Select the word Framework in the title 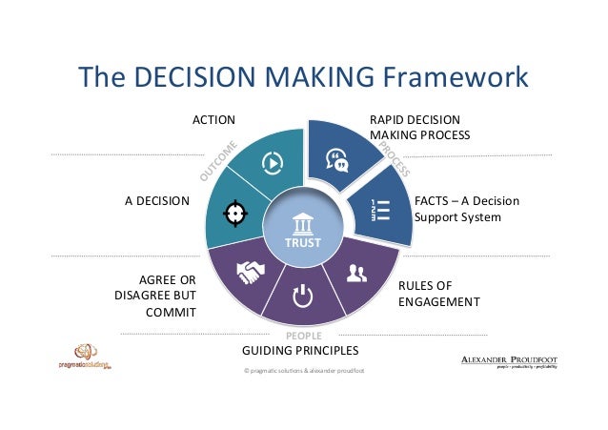pyautogui.click(x=456, y=76)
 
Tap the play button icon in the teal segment pyautogui.click(x=272, y=162)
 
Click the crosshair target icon pyautogui.click(x=234, y=213)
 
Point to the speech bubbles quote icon pyautogui.click(x=337, y=159)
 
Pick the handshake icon pyautogui.click(x=251, y=274)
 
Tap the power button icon pyautogui.click(x=302, y=297)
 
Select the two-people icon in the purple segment pyautogui.click(x=356, y=276)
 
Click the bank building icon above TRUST pyautogui.click(x=304, y=221)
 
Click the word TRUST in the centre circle pyautogui.click(x=304, y=243)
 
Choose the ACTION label pyautogui.click(x=213, y=120)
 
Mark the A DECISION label pyautogui.click(x=157, y=201)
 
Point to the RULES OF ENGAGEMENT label pyautogui.click(x=438, y=294)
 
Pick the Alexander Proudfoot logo pyautogui.click(x=510, y=361)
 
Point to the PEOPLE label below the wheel pyautogui.click(x=304, y=336)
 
